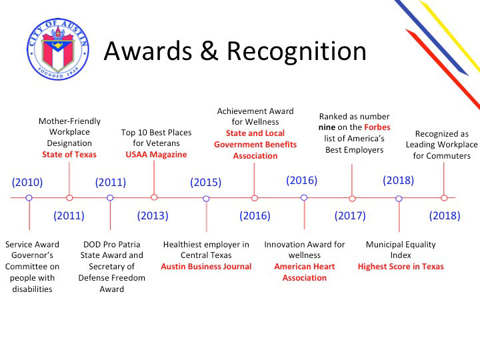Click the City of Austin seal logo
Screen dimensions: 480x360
tap(58, 49)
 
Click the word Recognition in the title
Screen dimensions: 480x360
tap(296, 51)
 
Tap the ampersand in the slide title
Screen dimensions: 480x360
tap(209, 50)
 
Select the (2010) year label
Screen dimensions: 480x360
tap(27, 182)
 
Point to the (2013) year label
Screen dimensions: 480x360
tap(153, 215)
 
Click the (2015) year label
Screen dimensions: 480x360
tap(206, 182)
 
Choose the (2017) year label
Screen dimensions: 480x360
tap(350, 215)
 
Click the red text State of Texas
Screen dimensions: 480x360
tap(69, 154)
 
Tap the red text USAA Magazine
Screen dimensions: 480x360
tap(156, 154)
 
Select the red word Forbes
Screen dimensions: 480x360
tap(377, 127)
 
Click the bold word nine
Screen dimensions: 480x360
tap(327, 127)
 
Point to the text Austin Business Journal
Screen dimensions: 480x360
tap(206, 266)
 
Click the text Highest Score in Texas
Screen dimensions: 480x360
tap(401, 266)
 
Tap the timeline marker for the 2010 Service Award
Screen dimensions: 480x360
tap(29, 198)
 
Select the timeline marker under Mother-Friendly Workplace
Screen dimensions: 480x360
tap(69, 198)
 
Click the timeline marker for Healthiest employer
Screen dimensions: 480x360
tap(206, 199)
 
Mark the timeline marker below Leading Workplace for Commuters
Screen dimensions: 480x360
tap(444, 198)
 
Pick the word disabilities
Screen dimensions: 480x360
tap(32, 289)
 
